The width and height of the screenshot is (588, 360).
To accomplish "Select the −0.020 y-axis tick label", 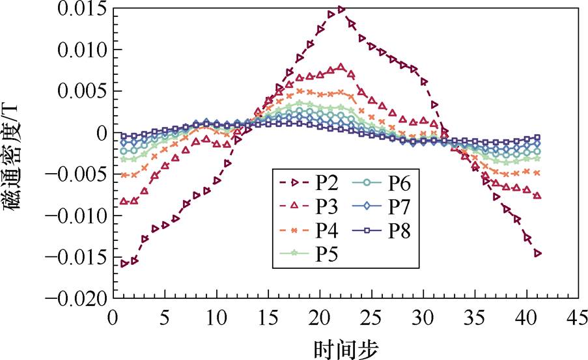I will pos(75,299).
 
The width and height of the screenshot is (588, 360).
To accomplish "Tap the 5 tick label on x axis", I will pos(165,318).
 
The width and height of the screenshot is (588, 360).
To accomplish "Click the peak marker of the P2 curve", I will pos(341,9).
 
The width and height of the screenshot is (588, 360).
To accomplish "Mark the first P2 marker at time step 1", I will pos(124,264).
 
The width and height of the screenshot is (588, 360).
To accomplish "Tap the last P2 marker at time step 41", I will pos(537,253).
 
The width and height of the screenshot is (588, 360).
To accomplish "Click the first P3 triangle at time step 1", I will pos(124,202).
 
